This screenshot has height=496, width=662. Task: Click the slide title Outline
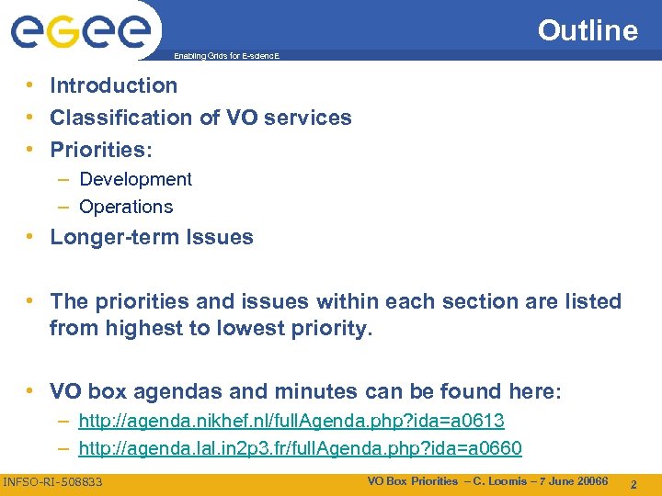point(588,30)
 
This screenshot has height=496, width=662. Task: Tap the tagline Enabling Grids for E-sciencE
point(226,56)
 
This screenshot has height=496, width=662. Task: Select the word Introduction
point(113,85)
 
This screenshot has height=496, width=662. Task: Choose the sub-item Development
point(135,179)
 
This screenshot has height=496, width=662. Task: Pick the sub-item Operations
point(126,207)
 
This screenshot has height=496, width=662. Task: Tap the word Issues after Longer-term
point(217,237)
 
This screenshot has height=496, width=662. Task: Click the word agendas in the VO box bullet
point(177,392)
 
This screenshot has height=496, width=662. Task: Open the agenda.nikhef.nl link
point(291,421)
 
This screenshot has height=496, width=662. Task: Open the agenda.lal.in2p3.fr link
point(300,448)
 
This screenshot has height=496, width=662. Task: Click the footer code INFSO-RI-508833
point(53,482)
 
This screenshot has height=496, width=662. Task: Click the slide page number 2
point(633,483)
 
